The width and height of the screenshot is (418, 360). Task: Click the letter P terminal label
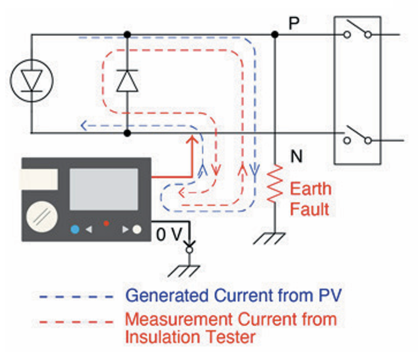click(x=295, y=23)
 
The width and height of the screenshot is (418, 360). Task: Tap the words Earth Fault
click(x=310, y=198)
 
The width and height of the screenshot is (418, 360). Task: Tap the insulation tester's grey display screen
click(x=103, y=189)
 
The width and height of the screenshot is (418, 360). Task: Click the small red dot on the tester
click(x=106, y=223)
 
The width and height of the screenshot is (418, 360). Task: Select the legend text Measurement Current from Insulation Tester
click(x=231, y=327)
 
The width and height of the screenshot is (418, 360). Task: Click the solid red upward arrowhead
click(x=191, y=139)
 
